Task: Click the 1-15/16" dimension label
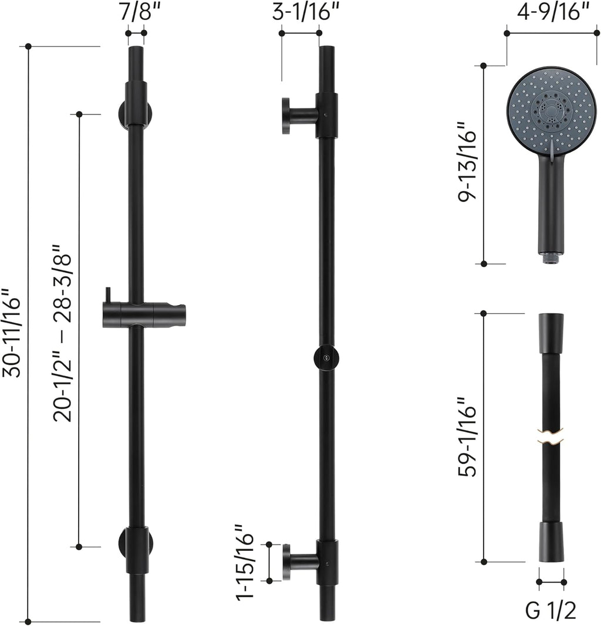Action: click(244, 561)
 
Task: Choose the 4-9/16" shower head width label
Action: click(553, 12)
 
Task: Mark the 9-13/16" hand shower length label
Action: click(467, 161)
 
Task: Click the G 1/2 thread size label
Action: click(551, 611)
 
